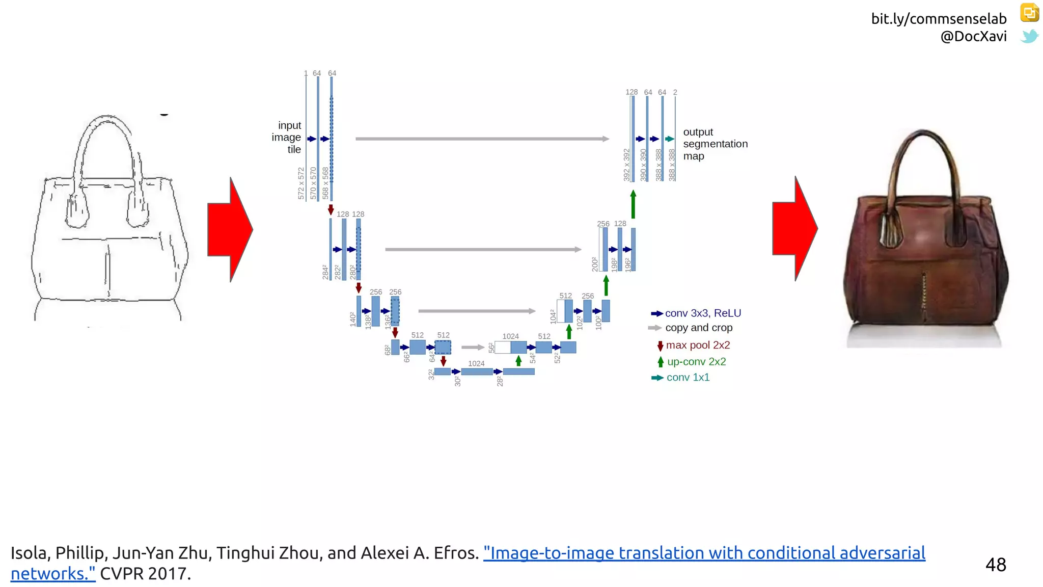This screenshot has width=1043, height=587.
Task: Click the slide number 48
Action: pos(996,565)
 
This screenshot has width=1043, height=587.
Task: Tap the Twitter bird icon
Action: pos(1029,37)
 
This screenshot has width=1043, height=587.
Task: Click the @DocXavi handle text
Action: pos(973,37)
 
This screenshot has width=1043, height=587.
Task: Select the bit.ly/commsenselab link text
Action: pos(939,19)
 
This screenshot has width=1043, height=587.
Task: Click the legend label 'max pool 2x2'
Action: pos(698,345)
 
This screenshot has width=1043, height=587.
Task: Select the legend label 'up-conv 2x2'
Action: pos(696,362)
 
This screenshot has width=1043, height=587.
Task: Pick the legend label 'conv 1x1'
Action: pos(688,378)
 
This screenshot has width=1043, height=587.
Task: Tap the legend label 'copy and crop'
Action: pos(699,328)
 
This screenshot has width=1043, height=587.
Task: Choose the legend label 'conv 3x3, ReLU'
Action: pos(703,313)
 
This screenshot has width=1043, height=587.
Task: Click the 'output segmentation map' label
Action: pos(715,144)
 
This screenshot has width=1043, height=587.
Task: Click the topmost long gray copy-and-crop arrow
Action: pos(482,139)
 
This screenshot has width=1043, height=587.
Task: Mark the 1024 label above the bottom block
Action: pos(476,363)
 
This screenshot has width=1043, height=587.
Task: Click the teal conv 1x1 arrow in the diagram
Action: pos(670,139)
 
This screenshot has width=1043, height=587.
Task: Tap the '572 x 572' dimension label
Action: pos(301,183)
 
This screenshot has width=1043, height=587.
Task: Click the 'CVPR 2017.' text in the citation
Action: pos(145,574)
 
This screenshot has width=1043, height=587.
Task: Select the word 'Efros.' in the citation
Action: pos(456,553)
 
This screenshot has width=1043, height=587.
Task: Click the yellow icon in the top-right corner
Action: pos(1029,12)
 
